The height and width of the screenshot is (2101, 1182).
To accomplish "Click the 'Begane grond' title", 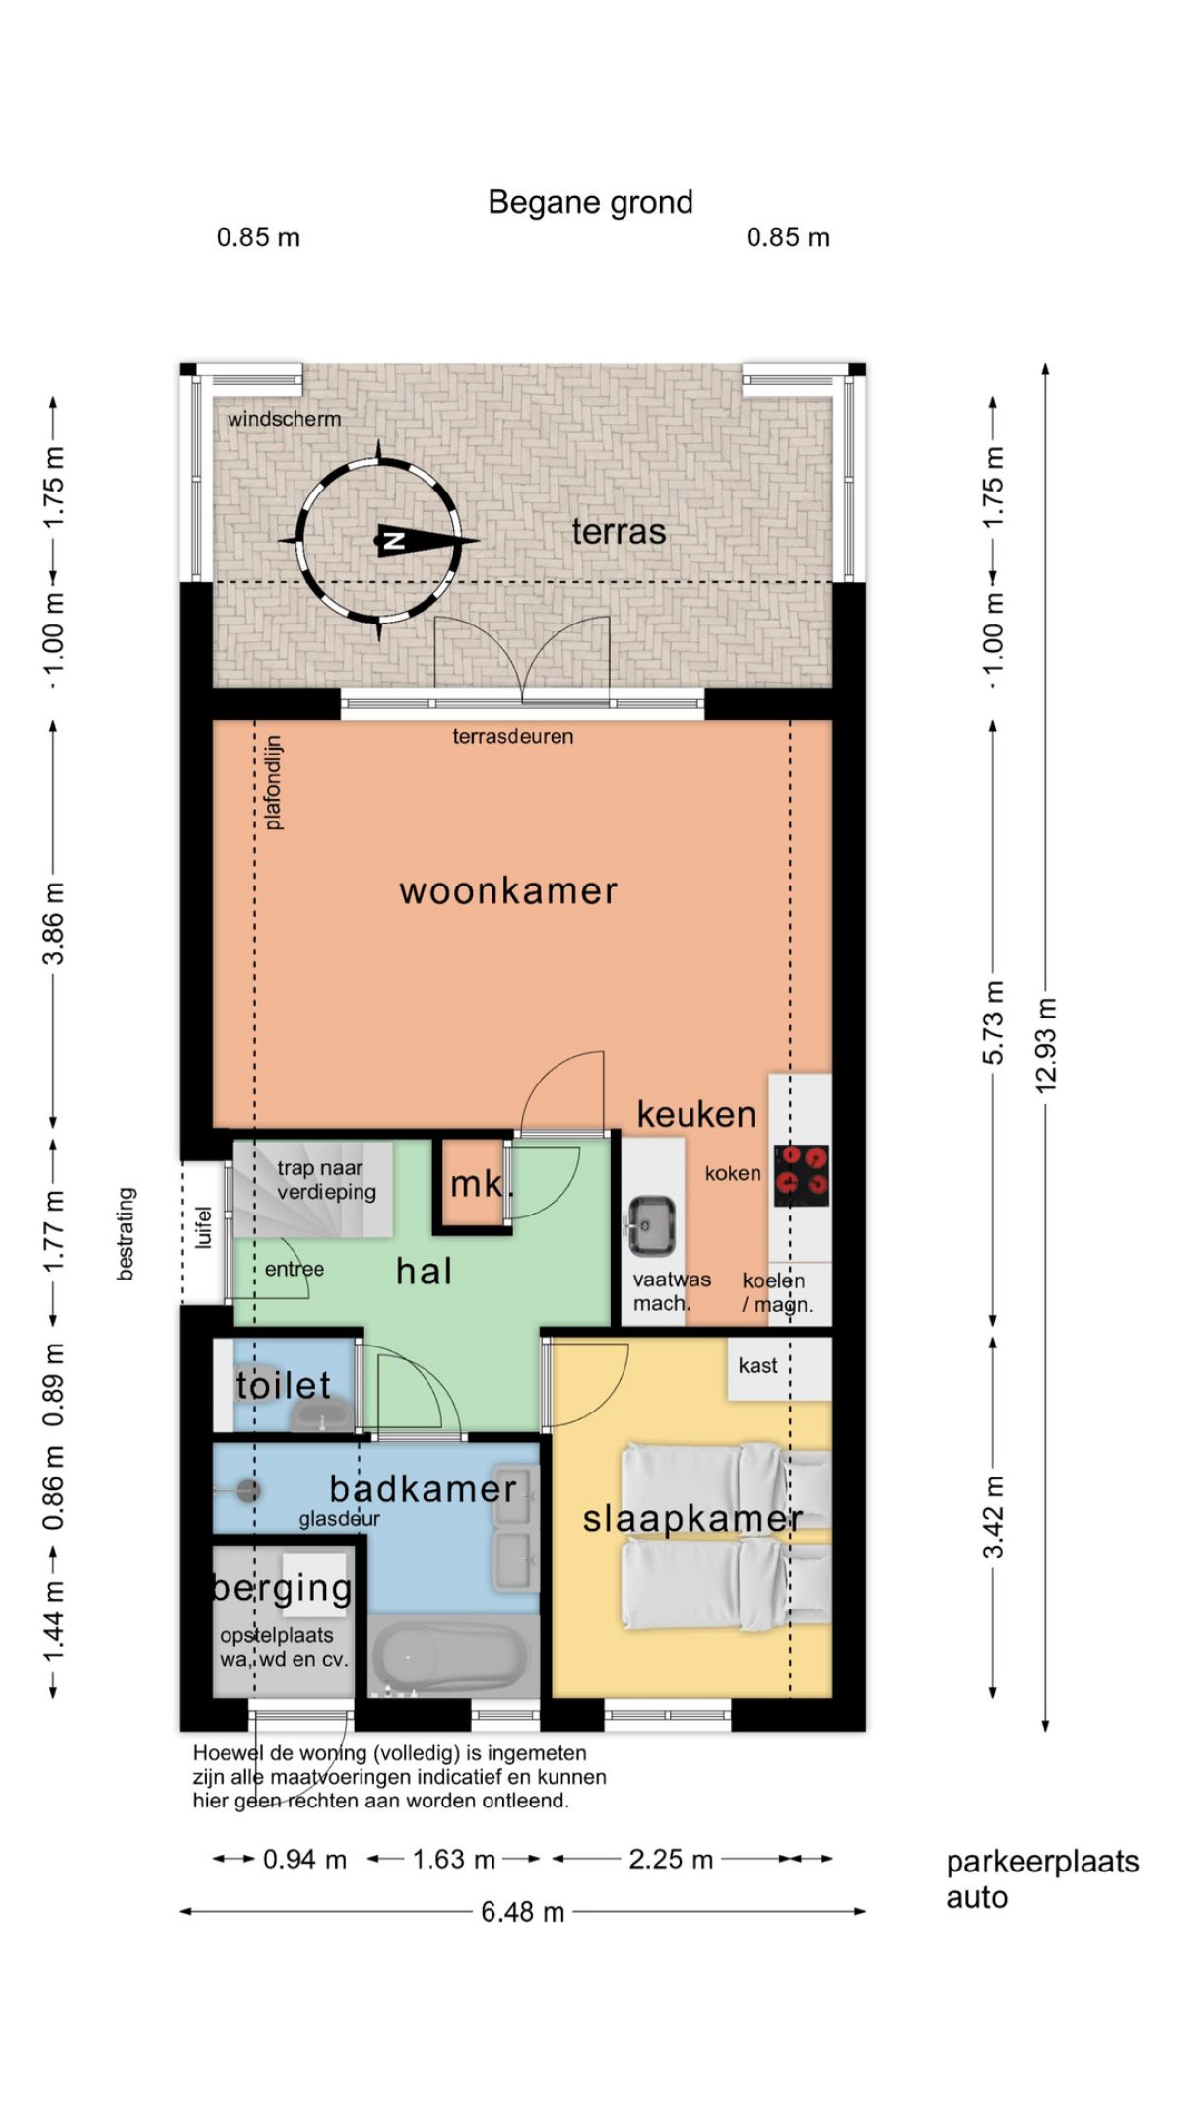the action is tap(590, 203).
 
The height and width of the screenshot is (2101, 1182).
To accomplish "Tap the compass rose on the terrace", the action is tap(380, 540).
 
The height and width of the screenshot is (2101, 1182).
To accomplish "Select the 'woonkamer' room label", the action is tap(508, 890).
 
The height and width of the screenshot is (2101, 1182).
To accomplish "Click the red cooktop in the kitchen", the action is tap(802, 1174).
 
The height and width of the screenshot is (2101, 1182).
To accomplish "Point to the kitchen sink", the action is tap(651, 1225).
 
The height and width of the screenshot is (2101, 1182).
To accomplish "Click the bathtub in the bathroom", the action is tap(448, 1658).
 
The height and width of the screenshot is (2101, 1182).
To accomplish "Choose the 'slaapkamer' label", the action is tap(692, 1519).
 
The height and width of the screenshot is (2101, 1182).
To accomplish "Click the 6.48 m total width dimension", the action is tap(523, 1912).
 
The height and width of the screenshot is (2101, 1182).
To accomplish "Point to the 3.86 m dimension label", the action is tap(53, 923).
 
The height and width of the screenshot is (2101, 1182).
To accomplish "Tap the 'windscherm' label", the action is tap(285, 419).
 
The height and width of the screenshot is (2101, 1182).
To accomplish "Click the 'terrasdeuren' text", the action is tap(512, 736).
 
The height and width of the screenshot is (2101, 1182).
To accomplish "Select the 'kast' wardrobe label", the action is tap(757, 1365).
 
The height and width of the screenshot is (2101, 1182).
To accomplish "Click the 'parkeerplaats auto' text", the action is tap(1042, 1879).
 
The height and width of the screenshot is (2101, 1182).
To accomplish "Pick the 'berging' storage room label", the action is tap(283, 1588).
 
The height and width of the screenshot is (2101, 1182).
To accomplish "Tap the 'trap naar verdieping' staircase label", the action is tap(326, 1180).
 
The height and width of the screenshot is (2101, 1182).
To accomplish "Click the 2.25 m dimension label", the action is tap(671, 1859).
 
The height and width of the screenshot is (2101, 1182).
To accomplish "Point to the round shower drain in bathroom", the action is tap(249, 1490).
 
